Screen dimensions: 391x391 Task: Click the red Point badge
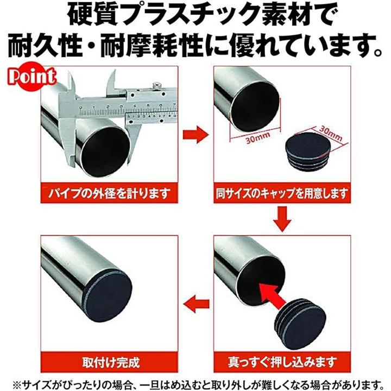coord(32,77)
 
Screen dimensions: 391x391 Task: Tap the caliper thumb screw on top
coord(156,85)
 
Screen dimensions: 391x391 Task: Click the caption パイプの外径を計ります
coord(109,194)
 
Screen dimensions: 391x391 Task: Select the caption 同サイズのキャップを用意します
coord(282,194)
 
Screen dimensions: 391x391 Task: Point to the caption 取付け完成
coord(111,363)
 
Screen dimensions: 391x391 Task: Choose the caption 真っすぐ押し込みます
coord(282,362)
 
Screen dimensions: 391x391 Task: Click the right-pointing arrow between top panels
coord(195,135)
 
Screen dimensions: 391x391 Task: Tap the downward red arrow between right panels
coord(282,219)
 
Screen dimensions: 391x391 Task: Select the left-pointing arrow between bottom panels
coord(196,304)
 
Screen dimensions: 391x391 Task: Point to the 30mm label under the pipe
coord(258,138)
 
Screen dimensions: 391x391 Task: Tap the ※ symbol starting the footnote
coord(17,384)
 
